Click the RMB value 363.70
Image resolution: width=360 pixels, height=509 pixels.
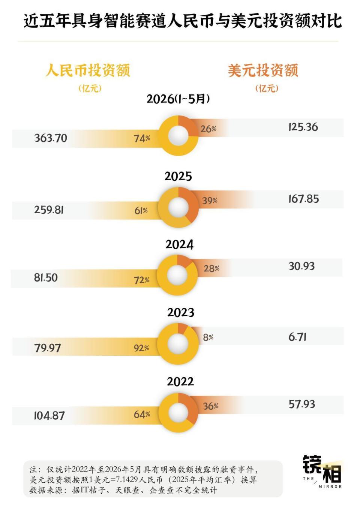click(x=51, y=138)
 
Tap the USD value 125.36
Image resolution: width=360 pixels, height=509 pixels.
click(x=303, y=127)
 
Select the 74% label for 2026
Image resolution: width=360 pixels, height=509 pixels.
click(x=142, y=138)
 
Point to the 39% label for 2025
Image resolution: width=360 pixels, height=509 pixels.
click(x=210, y=201)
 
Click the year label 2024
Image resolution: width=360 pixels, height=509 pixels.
click(x=180, y=245)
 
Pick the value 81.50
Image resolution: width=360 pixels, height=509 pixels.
click(x=46, y=278)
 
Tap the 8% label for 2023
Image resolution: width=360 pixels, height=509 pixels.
click(x=208, y=337)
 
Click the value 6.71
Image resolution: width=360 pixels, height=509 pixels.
click(x=297, y=337)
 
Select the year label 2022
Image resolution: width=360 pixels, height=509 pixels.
click(x=180, y=382)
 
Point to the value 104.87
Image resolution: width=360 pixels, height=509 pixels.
click(x=49, y=416)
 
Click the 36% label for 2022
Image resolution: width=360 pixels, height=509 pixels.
click(x=210, y=406)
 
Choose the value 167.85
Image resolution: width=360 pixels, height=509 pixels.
click(x=304, y=199)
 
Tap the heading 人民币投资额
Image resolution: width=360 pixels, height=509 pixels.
click(x=88, y=70)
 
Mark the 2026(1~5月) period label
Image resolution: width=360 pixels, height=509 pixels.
click(x=178, y=99)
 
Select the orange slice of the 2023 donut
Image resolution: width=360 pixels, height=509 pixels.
click(x=183, y=328)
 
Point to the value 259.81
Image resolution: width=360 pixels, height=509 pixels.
click(x=49, y=210)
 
